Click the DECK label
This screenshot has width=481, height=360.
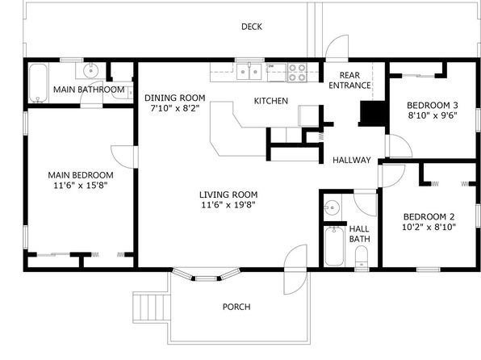click(252, 27)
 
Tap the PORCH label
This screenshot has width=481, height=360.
click(236, 307)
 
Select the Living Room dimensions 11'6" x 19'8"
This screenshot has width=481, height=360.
click(228, 205)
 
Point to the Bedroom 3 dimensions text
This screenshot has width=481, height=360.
click(433, 115)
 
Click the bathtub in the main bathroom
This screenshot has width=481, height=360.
click(39, 83)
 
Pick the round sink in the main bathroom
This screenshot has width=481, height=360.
click(90, 70)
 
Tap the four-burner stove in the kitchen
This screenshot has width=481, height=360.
click(297, 73)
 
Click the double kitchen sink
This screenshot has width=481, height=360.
click(249, 72)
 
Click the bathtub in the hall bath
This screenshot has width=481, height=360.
click(334, 246)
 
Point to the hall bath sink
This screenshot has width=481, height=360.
click(332, 207)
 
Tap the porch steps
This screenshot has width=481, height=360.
click(152, 307)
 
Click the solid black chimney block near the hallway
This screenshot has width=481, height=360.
click(372, 114)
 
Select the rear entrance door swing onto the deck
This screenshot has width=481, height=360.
click(337, 47)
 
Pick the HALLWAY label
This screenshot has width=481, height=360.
click(352, 160)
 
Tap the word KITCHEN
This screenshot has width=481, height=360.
click(271, 101)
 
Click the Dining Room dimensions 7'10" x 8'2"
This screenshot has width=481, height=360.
click(175, 108)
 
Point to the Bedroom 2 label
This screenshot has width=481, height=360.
click(429, 216)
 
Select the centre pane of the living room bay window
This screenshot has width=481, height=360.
click(206, 278)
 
